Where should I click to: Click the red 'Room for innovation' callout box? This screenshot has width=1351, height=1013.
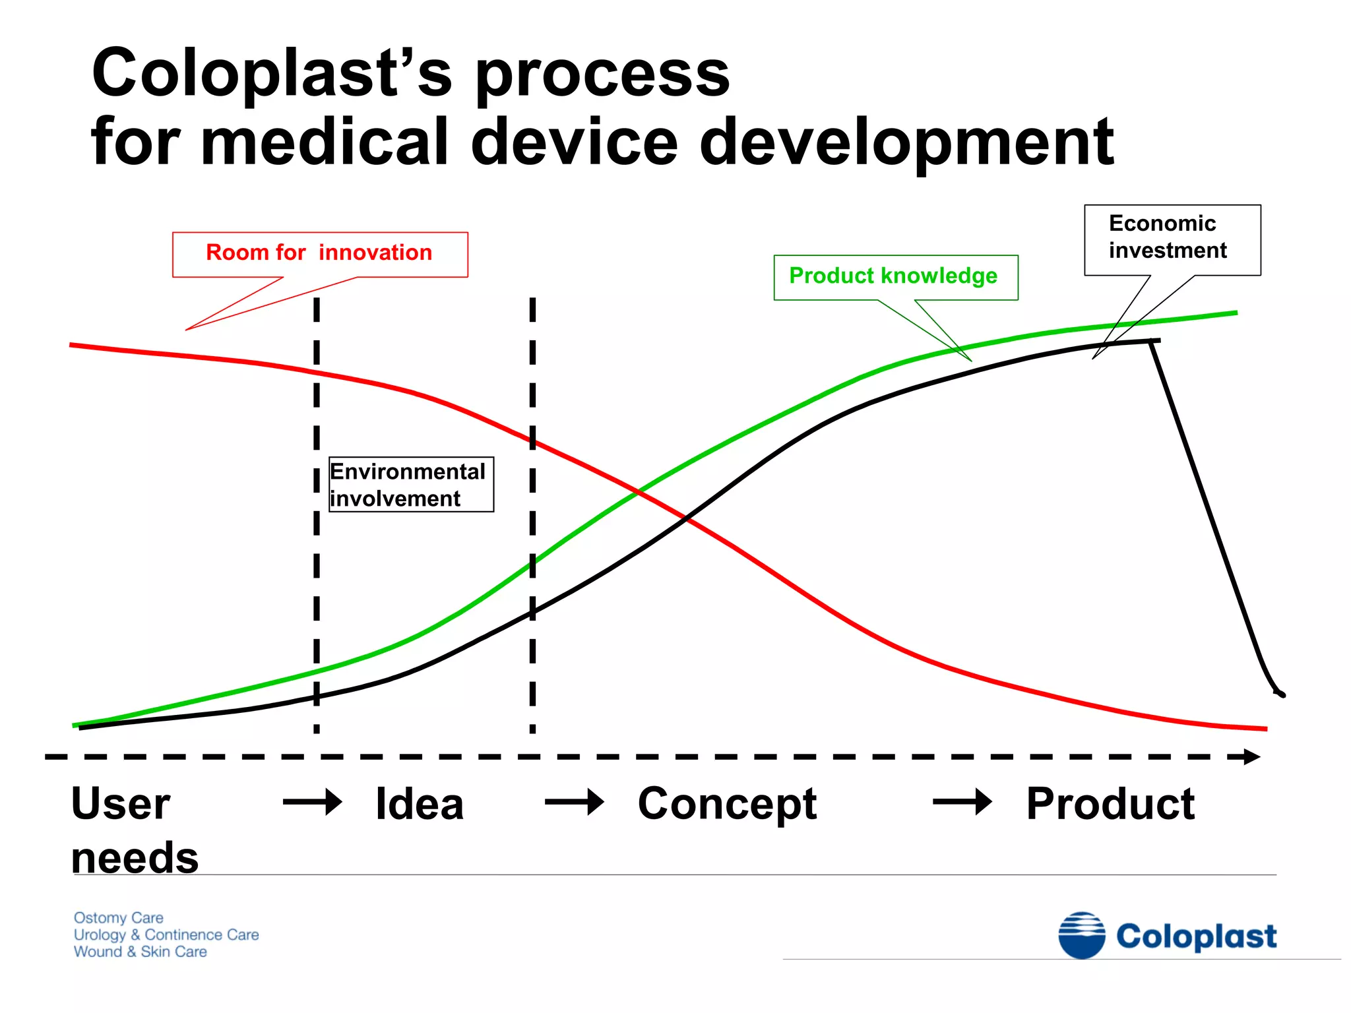coord(320,254)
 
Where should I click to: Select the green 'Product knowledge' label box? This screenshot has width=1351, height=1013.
coord(895,277)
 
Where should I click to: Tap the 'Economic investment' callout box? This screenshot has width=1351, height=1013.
coord(1172,239)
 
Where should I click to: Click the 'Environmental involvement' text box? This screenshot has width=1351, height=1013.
coord(410,485)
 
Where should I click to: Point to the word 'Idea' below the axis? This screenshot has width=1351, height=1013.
coord(420,804)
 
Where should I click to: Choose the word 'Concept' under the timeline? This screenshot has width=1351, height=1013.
coord(727,805)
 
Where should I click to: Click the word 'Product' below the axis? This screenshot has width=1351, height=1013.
coord(1110,804)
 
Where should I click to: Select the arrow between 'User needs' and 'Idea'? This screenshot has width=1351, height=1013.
coord(312,802)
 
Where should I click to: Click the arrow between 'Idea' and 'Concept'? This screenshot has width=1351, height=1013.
coord(574,802)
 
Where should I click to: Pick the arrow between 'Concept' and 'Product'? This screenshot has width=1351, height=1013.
coord(962,802)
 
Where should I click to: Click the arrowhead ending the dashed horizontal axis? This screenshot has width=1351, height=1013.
coord(1251,756)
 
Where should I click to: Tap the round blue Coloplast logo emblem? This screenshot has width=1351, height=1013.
coord(1081,935)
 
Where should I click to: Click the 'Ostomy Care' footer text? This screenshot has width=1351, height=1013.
coord(119,917)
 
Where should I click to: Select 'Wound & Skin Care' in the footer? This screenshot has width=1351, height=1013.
coord(140,952)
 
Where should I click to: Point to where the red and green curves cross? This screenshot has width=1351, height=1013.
coord(638,491)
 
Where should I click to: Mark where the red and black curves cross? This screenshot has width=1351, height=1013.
coord(687,519)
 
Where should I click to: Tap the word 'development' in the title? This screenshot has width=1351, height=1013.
coord(906,142)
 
